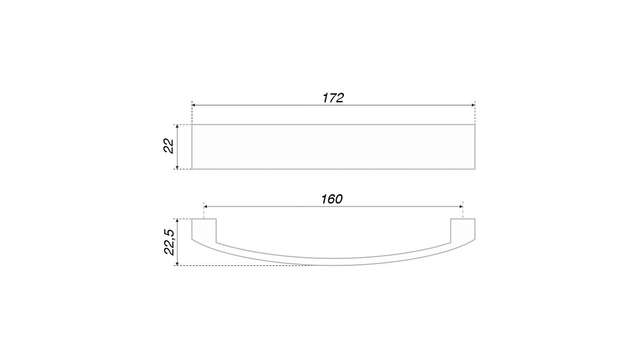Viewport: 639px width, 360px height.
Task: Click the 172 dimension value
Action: [333, 98]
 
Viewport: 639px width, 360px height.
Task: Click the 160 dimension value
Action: [332, 199]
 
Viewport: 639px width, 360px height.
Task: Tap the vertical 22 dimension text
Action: [169, 146]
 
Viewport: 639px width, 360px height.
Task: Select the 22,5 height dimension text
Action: [169, 242]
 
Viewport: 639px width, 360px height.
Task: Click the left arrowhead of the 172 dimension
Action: [194, 106]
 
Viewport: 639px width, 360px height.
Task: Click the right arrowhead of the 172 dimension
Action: [473, 106]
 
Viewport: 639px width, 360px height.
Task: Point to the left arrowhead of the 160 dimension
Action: [206, 207]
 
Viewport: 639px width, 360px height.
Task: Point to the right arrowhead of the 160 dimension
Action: [461, 207]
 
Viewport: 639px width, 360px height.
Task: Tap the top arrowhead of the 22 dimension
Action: [177, 127]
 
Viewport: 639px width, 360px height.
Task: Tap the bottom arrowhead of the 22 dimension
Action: [177, 166]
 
